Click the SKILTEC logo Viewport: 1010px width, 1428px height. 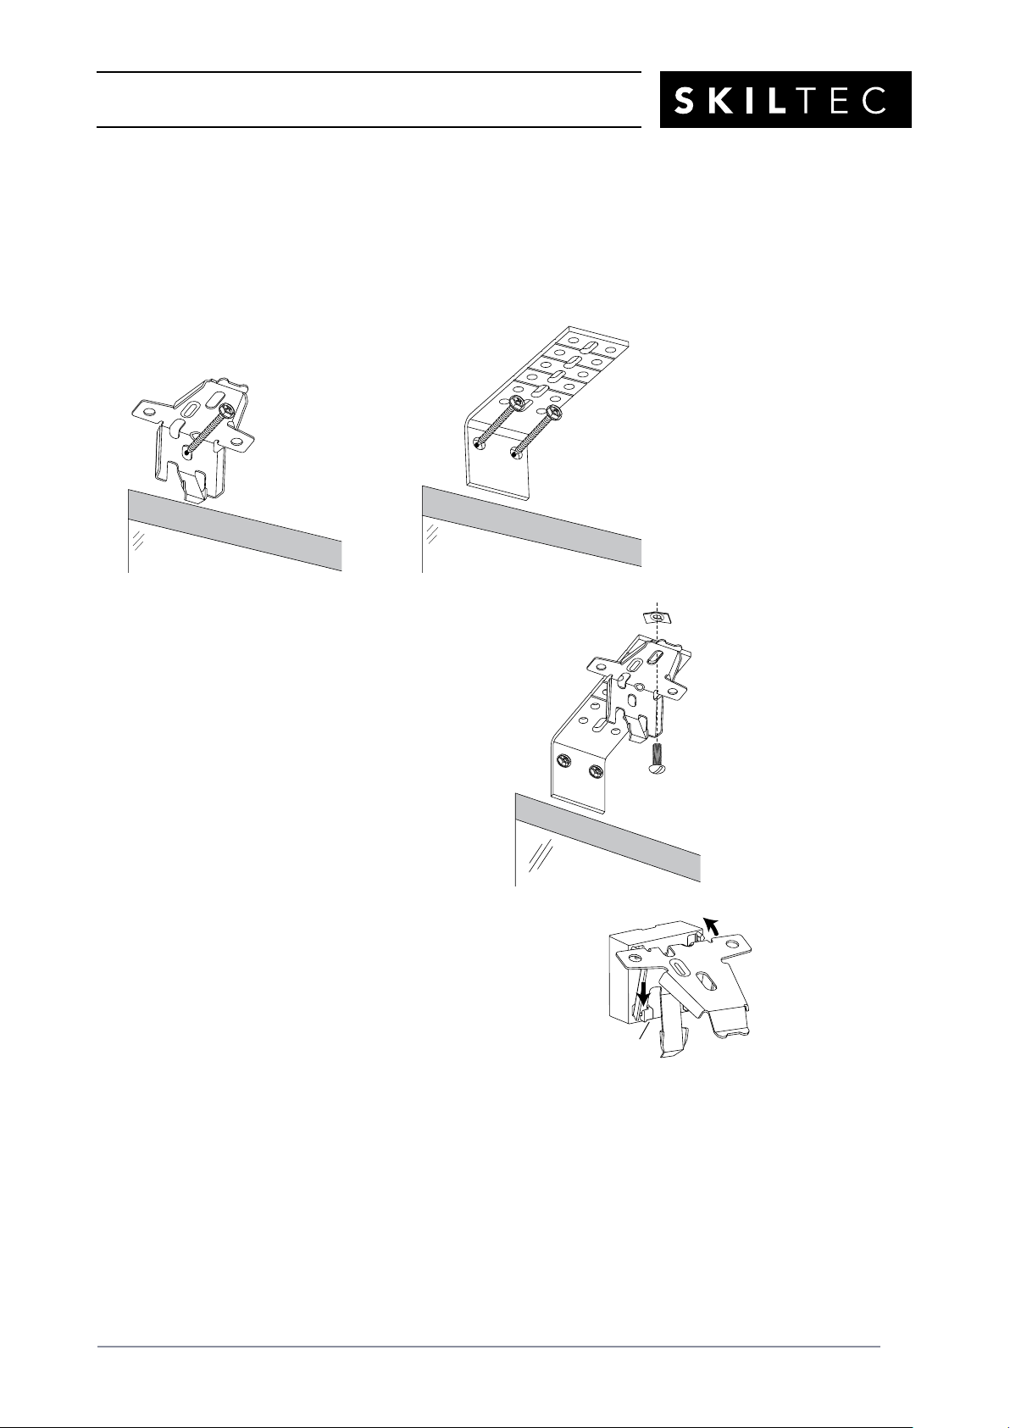785,99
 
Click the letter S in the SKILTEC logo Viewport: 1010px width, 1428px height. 685,100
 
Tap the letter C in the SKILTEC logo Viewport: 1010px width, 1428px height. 876,100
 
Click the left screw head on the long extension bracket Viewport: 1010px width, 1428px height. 518,403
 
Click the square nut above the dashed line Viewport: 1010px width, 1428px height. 657,617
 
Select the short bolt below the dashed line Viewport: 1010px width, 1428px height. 657,758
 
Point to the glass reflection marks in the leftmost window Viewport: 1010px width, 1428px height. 139,541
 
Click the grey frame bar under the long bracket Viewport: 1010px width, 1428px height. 531,526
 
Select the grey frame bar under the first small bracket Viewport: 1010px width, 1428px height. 236,530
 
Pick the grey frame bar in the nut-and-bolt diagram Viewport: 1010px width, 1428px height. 608,837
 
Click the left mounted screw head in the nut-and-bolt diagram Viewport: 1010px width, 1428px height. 563,760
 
